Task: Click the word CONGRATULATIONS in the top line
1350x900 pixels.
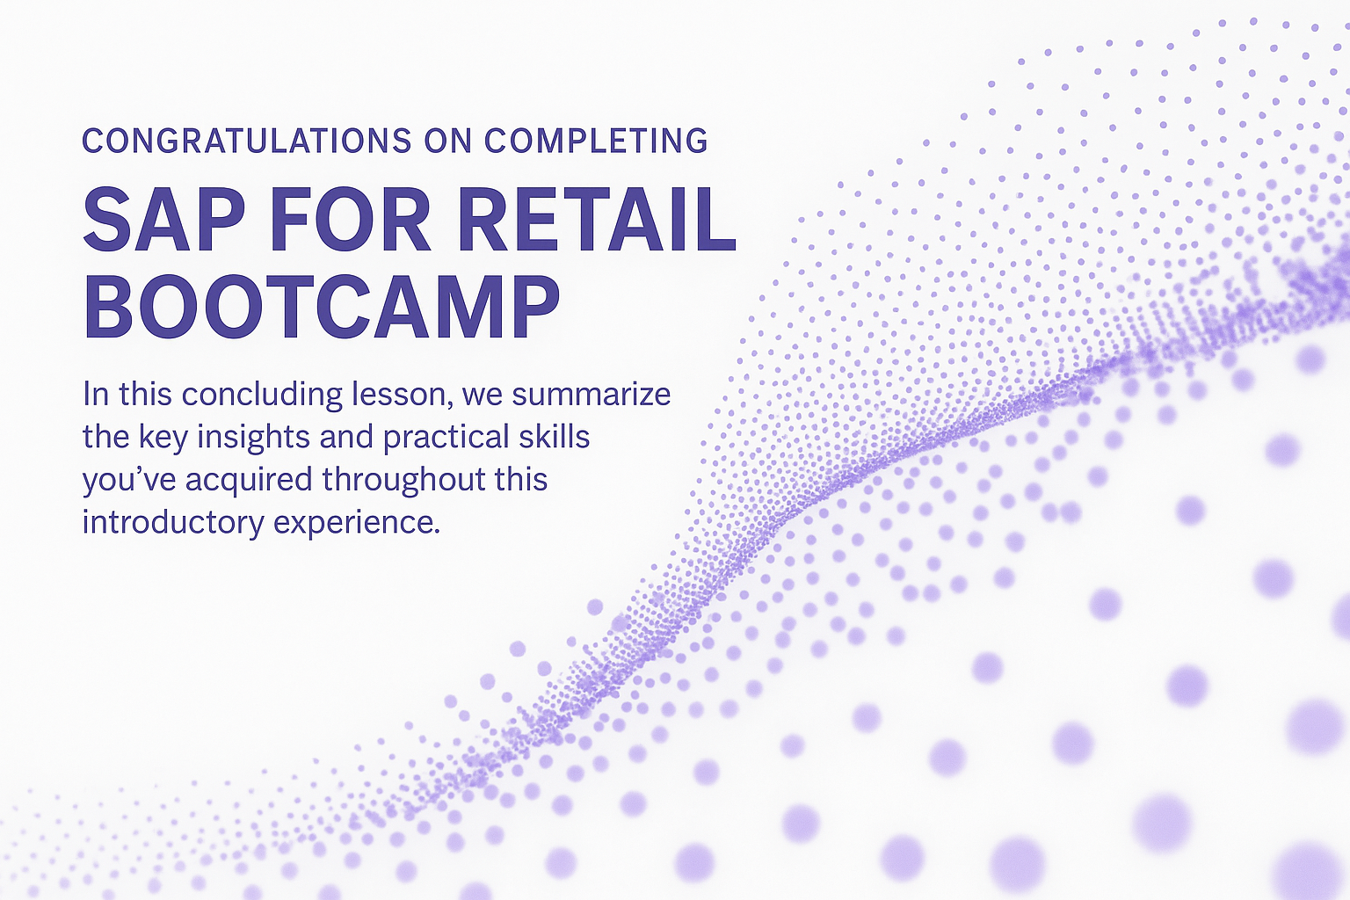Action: [247, 141]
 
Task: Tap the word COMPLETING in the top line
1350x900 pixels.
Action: [596, 141]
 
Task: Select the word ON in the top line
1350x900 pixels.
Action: [448, 141]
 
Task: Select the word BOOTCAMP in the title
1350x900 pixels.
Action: [322, 308]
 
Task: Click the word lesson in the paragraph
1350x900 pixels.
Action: [402, 395]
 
